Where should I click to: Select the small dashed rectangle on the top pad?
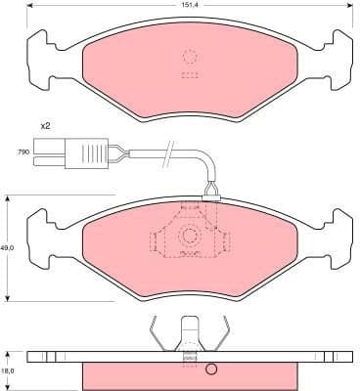point(190,74)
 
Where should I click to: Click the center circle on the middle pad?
point(190,235)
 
